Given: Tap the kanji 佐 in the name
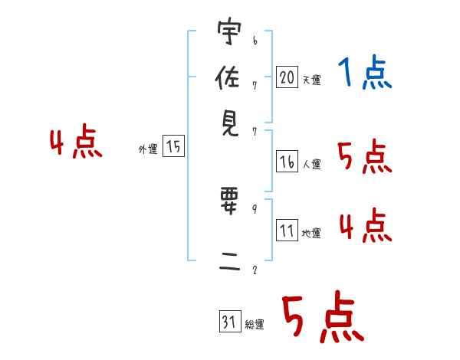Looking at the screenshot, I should click(228, 78).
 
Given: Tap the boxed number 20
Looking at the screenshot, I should click(287, 77).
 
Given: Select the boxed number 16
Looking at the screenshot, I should click(287, 162).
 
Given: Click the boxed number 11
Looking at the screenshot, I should click(287, 231).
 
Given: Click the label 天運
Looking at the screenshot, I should click(311, 80).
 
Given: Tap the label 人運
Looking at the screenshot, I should click(312, 164).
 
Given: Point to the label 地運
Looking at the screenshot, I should click(311, 233).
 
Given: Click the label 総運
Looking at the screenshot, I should click(255, 324).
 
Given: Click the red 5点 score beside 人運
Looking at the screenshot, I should click(364, 157).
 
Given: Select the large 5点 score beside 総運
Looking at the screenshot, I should click(322, 318).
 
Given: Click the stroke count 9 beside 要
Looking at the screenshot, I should click(254, 208).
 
